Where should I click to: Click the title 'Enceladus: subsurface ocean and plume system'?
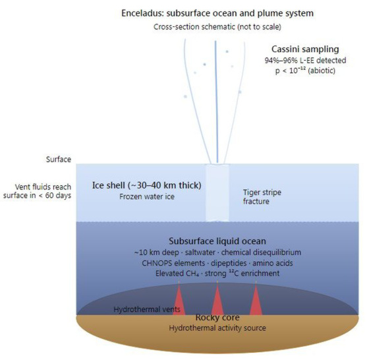pyautogui.click(x=217, y=13)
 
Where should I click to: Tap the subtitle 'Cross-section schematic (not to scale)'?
pyautogui.click(x=217, y=27)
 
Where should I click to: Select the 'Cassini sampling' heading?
pyautogui.click(x=305, y=49)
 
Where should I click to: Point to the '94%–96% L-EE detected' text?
pyautogui.click(x=305, y=60)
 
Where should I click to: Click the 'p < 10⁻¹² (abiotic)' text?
pyautogui.click(x=305, y=71)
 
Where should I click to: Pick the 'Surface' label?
pyautogui.click(x=59, y=160)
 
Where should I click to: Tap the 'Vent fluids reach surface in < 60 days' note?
pyautogui.click(x=37, y=191)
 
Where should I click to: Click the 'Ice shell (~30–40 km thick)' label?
pyautogui.click(x=146, y=185)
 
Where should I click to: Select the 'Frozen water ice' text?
pyautogui.click(x=147, y=196)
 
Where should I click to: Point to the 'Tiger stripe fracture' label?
pyautogui.click(x=262, y=197)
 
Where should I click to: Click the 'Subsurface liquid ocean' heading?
pyautogui.click(x=217, y=241)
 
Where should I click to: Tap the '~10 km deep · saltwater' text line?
pyautogui.click(x=175, y=253)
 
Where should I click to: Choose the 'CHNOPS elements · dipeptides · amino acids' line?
pyautogui.click(x=217, y=263)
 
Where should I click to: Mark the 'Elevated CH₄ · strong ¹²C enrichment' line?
pyautogui.click(x=217, y=274)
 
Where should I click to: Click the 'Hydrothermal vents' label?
pyautogui.click(x=147, y=309)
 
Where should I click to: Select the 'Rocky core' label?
pyautogui.click(x=217, y=317)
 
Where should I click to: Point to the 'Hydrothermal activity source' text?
pyautogui.click(x=217, y=328)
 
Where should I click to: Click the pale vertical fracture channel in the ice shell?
pyautogui.click(x=217, y=193)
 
